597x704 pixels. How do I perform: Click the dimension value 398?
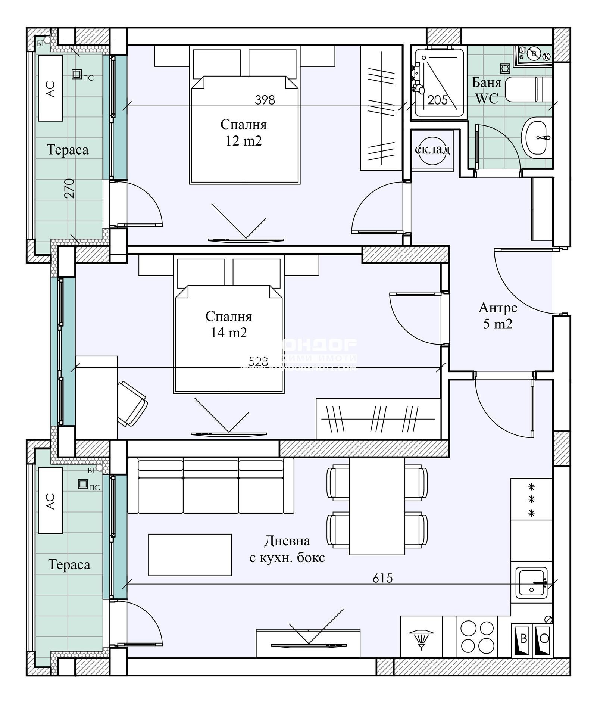[x=265, y=100]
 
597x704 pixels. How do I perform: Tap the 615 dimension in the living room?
[x=382, y=578]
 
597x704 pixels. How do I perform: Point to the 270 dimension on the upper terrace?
[x=70, y=188]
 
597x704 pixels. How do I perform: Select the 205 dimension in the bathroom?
[x=437, y=100]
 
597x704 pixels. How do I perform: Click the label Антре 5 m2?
[x=498, y=316]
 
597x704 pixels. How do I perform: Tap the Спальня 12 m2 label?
[x=243, y=133]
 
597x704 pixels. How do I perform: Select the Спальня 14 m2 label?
[x=228, y=324]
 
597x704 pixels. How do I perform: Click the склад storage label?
[x=432, y=149]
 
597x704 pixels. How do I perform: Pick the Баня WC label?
[x=487, y=90]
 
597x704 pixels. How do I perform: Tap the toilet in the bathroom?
[x=528, y=89]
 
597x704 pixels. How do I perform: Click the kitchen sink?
[x=531, y=583]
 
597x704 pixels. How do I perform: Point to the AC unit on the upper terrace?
[x=50, y=88]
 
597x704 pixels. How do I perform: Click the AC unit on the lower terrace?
[x=50, y=501]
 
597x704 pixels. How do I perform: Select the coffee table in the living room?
[x=190, y=555]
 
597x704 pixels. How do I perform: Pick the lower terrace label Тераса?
[x=69, y=564]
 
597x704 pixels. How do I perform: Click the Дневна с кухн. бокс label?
[x=287, y=549]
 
